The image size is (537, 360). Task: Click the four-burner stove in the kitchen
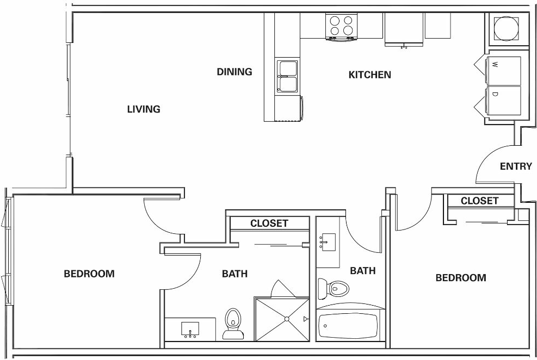341,26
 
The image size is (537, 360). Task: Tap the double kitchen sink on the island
287,77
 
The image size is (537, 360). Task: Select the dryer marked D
504,101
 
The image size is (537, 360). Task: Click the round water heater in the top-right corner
507,29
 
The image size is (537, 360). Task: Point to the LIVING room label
144,109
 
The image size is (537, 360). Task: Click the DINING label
234,72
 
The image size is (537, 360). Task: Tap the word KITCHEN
369,75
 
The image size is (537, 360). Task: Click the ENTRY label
515,166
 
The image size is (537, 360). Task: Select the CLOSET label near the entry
479,201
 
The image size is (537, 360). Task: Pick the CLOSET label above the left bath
269,224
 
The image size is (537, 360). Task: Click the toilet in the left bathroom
233,324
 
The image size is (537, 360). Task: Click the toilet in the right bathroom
333,288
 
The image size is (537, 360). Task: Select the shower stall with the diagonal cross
281,319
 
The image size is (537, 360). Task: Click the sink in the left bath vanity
190,330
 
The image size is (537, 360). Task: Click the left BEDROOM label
89,274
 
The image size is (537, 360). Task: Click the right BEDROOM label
461,278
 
